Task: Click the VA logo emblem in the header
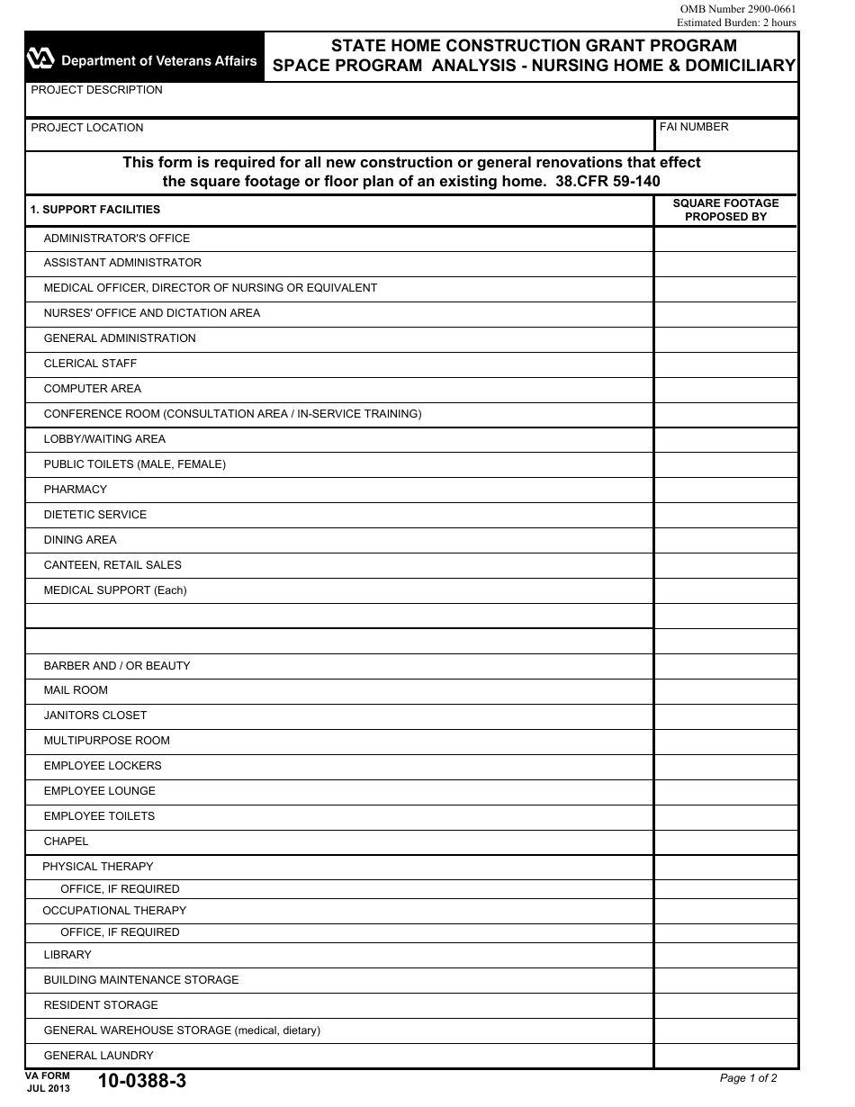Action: [x=41, y=59]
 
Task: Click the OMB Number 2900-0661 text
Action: [x=737, y=9]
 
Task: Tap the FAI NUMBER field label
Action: [x=694, y=127]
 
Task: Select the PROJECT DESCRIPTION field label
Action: [x=96, y=90]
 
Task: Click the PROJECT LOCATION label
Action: [x=87, y=128]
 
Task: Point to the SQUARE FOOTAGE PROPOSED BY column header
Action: [x=725, y=210]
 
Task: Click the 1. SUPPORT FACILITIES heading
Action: [x=95, y=210]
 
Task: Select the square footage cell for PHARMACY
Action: [x=725, y=490]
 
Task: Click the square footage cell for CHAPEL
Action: [x=725, y=841]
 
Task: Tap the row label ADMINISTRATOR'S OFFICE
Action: [x=117, y=238]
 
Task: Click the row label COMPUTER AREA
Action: [x=93, y=389]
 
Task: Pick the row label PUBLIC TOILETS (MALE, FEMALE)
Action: [x=135, y=464]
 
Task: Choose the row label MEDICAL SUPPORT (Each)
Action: [x=115, y=590]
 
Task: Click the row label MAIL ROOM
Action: [x=76, y=690]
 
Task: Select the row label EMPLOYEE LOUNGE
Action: [x=100, y=791]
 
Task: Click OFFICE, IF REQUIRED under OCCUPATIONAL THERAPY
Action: [x=120, y=932]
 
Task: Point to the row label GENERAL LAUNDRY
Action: [x=99, y=1056]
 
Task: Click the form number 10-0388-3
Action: [x=142, y=1082]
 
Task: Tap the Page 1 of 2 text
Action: [x=748, y=1078]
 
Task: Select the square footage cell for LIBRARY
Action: [x=725, y=955]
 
